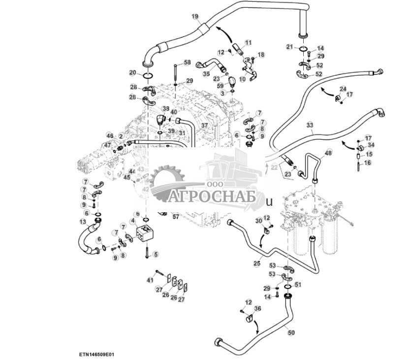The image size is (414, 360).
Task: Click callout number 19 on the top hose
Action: click(195, 17)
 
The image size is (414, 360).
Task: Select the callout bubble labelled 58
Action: click(187, 63)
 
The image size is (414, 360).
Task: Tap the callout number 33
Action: click(309, 125)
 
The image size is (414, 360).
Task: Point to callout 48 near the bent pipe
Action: click(328, 153)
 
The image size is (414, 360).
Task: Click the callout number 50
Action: click(291, 333)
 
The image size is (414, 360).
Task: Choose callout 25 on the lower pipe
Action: click(256, 263)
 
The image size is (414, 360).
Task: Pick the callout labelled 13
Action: click(83, 222)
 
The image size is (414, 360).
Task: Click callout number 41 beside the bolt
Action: click(150, 280)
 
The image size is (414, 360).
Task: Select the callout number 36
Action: click(257, 309)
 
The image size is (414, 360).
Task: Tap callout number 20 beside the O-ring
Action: click(132, 73)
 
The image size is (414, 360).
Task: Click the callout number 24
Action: click(343, 89)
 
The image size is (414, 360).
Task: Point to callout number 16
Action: click(368, 162)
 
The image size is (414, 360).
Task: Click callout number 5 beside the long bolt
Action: click(156, 254)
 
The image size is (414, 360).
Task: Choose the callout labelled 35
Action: click(192, 74)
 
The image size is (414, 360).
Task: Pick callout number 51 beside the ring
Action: click(297, 284)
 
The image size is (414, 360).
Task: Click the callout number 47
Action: click(108, 145)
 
